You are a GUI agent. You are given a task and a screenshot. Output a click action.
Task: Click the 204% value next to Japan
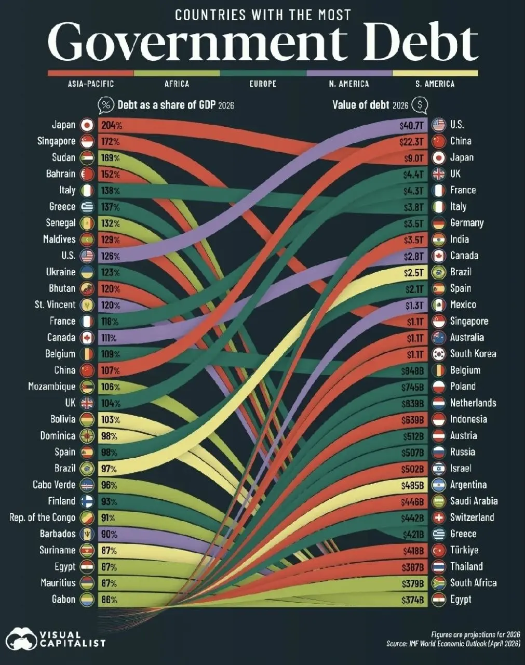[x=112, y=125]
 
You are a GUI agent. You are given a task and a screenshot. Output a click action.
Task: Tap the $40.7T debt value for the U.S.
[x=411, y=125]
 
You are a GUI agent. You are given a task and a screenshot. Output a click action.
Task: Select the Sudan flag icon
[x=87, y=158]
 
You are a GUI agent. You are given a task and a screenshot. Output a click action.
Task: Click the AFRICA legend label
[x=177, y=84]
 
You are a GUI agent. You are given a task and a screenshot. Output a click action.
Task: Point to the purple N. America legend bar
[x=349, y=73]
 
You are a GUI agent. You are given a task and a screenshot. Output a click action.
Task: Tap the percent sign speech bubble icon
[x=106, y=105]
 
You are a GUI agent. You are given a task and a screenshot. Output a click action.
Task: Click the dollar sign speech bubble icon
[x=420, y=105]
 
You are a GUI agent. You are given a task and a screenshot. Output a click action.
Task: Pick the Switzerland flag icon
[x=438, y=517]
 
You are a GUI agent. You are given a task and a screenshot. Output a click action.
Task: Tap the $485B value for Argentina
[x=412, y=485]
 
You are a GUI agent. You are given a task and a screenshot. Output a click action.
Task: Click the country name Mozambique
[x=51, y=387]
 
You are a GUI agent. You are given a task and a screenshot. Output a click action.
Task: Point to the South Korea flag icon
[x=438, y=354]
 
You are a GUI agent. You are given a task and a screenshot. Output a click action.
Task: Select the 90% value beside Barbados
[x=109, y=534]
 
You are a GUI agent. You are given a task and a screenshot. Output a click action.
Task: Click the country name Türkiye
[x=464, y=550]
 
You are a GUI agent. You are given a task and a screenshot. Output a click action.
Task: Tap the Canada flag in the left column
[x=87, y=338]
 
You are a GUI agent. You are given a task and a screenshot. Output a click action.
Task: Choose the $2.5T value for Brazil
[x=413, y=273]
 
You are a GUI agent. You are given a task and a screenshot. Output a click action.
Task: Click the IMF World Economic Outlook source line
[x=453, y=644]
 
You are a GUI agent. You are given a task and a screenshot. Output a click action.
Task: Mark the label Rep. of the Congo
[x=42, y=517]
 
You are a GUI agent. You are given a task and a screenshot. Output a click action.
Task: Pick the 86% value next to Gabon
[x=109, y=600]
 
